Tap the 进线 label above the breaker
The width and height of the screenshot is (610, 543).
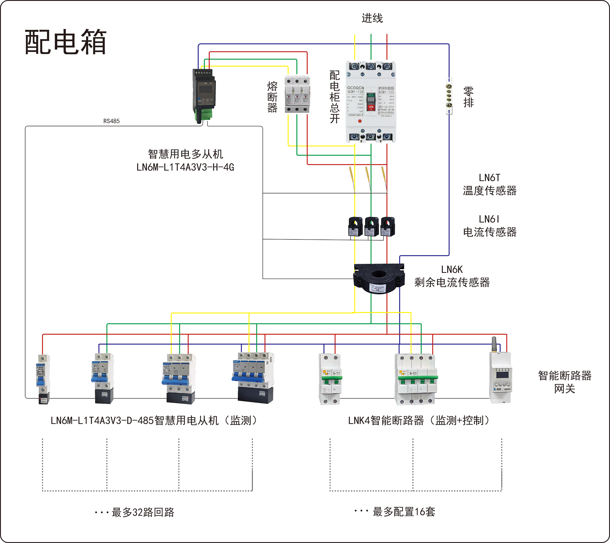[x=372, y=18]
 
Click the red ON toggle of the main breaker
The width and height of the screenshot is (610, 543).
[x=371, y=107]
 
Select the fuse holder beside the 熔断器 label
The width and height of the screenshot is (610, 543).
[x=297, y=94]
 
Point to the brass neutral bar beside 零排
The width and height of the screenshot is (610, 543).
[x=449, y=96]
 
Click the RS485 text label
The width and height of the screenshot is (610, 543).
[x=111, y=121]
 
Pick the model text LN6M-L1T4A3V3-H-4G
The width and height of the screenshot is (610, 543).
[x=185, y=167]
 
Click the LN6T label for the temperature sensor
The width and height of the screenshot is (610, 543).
[x=489, y=178]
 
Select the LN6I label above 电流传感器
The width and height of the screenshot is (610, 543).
[x=489, y=219]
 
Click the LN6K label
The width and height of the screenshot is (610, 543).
[x=452, y=270]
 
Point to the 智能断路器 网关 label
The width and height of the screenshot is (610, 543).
[x=564, y=382]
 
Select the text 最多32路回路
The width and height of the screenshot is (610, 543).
[x=143, y=512]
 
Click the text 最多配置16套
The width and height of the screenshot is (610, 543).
[x=403, y=512]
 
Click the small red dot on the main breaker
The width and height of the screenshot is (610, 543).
[x=360, y=121]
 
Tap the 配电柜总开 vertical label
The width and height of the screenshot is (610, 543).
[x=335, y=97]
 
